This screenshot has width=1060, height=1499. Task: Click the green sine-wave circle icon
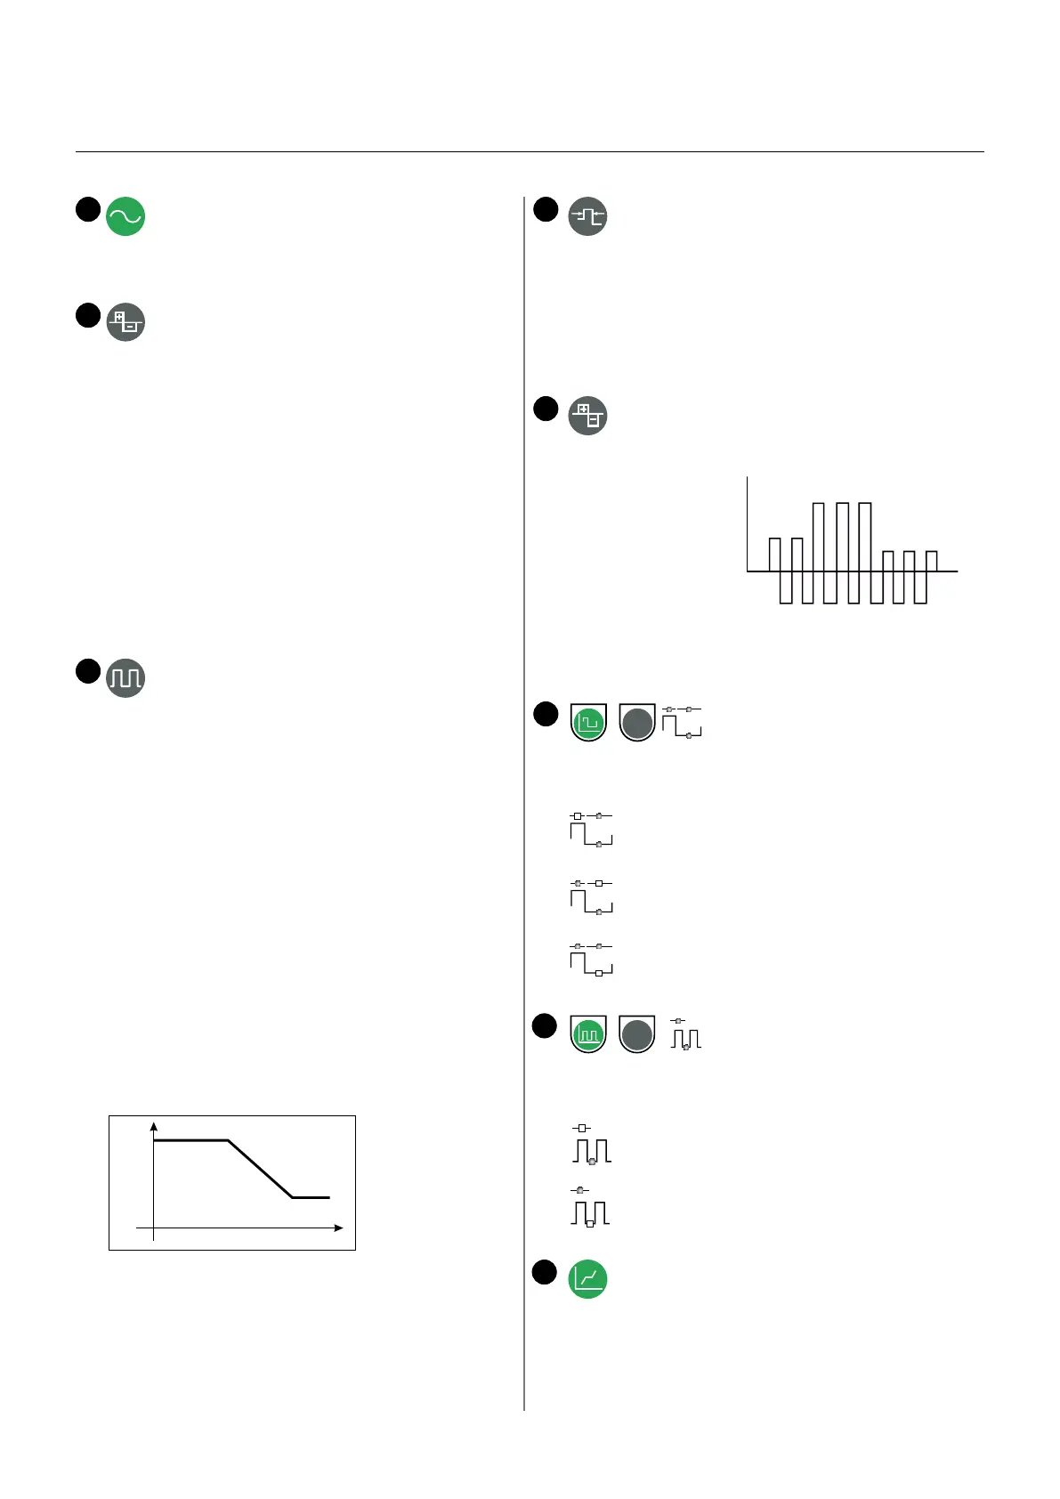125,216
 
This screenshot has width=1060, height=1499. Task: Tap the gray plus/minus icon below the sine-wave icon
125,322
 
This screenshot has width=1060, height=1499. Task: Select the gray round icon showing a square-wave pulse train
125,678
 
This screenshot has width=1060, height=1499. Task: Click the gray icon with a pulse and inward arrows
587,216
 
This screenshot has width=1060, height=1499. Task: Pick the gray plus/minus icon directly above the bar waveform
587,415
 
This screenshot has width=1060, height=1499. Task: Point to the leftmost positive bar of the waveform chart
774,555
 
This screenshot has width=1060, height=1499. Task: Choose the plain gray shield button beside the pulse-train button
636,1035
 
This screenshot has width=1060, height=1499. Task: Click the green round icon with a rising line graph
587,1279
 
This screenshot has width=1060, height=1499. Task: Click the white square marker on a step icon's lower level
599,974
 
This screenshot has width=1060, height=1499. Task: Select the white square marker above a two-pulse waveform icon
583,1128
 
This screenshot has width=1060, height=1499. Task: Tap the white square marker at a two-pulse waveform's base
589,1224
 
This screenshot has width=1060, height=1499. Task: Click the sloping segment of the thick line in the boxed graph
261,1169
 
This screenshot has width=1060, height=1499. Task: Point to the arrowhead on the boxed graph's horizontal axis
338,1228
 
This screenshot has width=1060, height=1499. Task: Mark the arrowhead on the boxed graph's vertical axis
154,1126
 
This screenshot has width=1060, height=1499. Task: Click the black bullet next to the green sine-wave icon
87,209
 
